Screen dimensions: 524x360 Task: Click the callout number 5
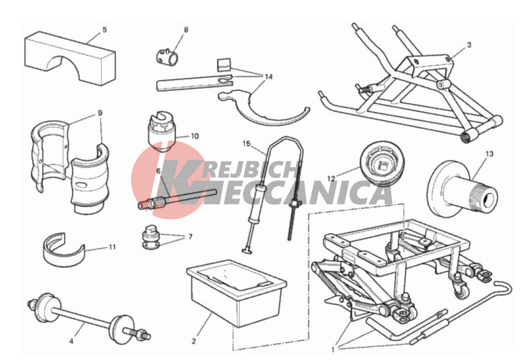105,30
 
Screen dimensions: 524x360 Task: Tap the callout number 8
186,30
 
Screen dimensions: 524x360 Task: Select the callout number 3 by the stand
469,44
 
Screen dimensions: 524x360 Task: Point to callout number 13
489,154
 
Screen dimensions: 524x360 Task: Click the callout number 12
331,179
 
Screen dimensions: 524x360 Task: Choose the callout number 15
246,143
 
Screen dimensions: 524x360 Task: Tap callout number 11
112,247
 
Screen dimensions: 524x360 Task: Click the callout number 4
71,342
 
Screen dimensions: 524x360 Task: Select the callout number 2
194,342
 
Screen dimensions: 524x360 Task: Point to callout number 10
195,136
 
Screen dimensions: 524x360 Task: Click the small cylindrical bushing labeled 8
167,57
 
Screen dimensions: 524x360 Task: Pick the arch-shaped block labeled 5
70,59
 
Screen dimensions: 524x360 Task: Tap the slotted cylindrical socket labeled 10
162,132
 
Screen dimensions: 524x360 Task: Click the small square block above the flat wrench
224,65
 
